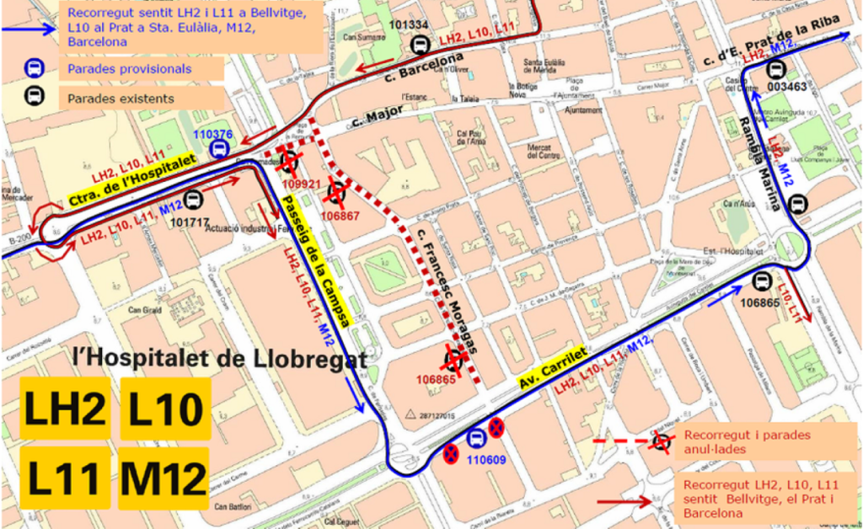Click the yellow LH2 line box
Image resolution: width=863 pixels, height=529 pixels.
click(x=65, y=409)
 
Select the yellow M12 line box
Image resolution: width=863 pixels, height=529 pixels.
click(x=163, y=478)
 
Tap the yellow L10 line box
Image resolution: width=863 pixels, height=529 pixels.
click(x=163, y=409)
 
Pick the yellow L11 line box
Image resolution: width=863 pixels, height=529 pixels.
click(x=65, y=478)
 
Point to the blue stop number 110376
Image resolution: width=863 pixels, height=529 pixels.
click(x=212, y=135)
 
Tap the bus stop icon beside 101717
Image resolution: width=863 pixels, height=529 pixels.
click(x=194, y=200)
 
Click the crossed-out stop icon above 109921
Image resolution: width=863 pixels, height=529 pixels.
click(x=288, y=161)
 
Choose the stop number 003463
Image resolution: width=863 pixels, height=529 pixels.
click(x=788, y=86)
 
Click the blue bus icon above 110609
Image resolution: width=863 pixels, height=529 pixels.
click(x=475, y=437)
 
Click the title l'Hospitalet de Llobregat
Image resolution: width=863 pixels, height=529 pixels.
click(x=220, y=359)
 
